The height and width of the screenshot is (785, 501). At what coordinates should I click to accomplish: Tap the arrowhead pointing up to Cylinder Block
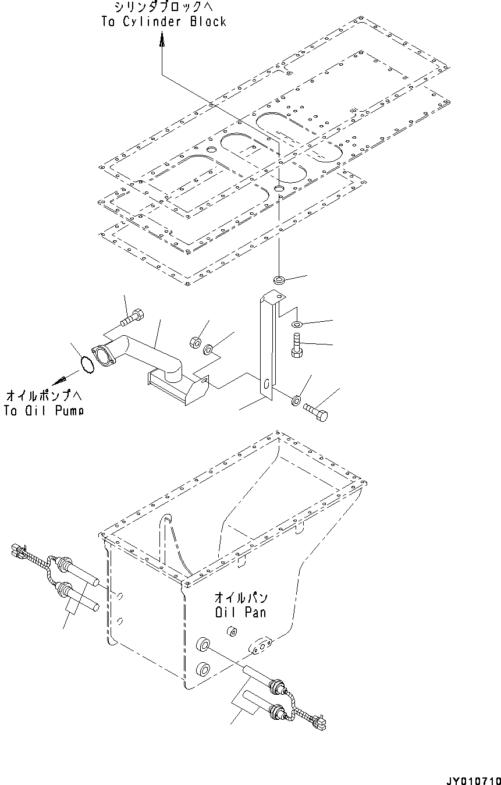pyautogui.click(x=162, y=40)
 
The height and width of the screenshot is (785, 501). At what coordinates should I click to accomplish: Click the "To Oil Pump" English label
pyautogui.click(x=44, y=410)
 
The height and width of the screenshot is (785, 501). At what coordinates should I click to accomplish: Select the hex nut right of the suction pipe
pyautogui.click(x=196, y=340)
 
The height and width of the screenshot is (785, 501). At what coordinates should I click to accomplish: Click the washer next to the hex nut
pyautogui.click(x=208, y=350)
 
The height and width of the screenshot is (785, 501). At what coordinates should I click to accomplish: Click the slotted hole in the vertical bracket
pyautogui.click(x=265, y=385)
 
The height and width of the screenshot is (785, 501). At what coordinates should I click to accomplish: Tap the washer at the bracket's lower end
pyautogui.click(x=296, y=400)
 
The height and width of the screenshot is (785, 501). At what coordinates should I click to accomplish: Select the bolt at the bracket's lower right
pyautogui.click(x=316, y=413)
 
